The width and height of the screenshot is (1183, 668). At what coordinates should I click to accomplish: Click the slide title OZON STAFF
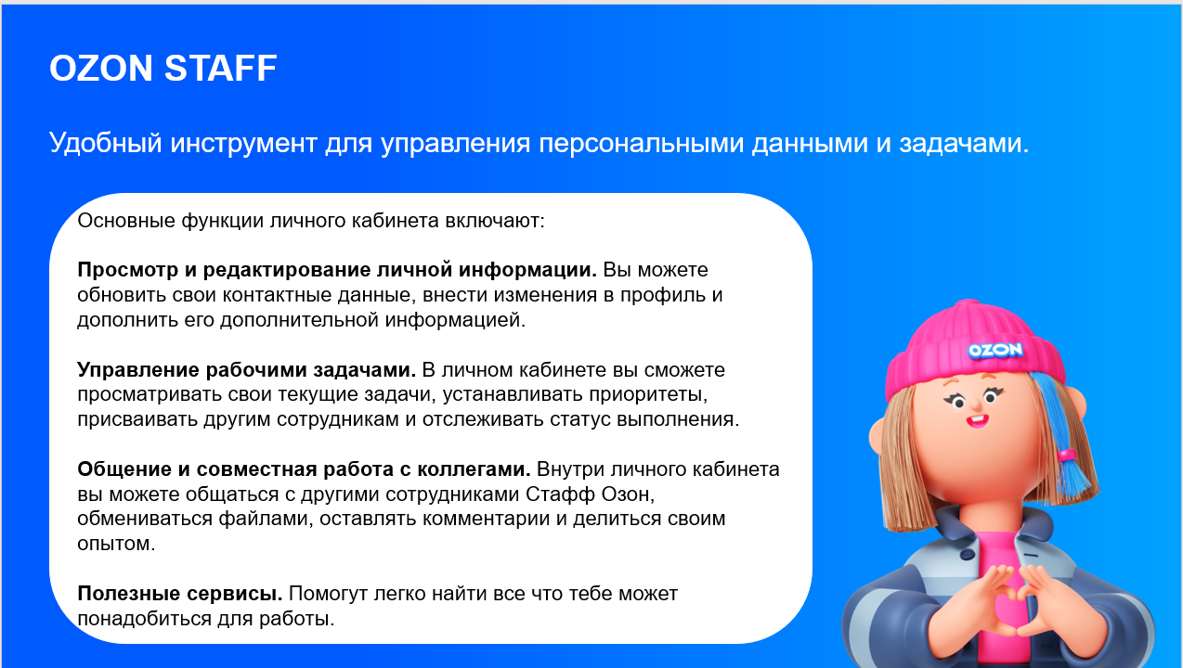(x=162, y=69)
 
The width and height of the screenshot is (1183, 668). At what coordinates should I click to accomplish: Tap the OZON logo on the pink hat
(x=994, y=350)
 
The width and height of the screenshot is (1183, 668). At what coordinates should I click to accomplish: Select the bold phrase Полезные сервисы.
(x=180, y=593)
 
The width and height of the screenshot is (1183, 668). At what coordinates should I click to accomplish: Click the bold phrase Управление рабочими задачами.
(x=246, y=370)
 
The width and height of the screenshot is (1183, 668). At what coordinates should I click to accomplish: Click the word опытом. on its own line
(x=116, y=543)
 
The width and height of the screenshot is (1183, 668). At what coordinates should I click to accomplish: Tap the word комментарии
(x=486, y=518)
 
